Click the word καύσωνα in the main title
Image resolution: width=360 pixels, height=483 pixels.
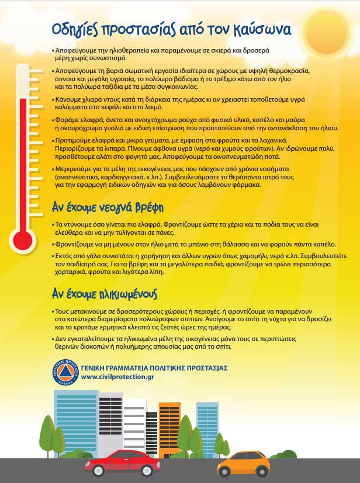[257, 29]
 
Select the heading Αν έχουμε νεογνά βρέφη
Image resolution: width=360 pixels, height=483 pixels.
[108, 207]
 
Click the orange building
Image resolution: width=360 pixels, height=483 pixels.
[169, 423]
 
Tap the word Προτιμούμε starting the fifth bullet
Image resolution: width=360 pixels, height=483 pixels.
[74, 141]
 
